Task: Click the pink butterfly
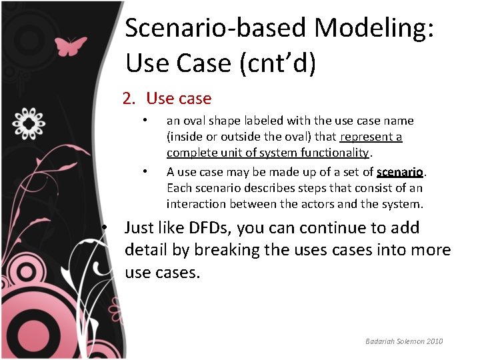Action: tap(70, 45)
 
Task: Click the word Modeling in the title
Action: tap(374, 28)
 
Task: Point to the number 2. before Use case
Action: tap(129, 99)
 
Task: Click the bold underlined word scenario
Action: tap(400, 171)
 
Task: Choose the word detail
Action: tap(145, 251)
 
